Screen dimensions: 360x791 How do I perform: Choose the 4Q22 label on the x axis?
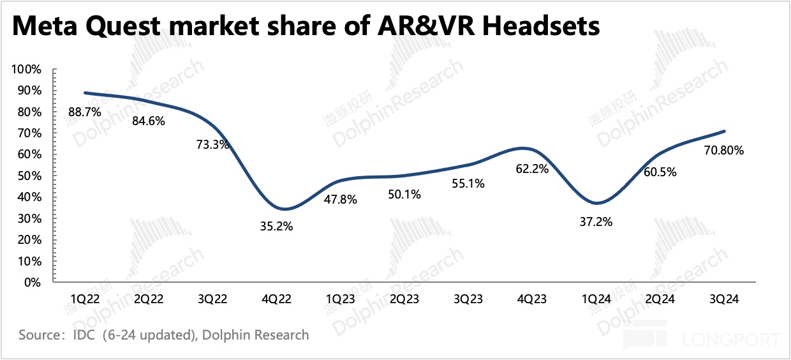click(277, 299)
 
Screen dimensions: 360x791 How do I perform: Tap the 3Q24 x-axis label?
click(724, 299)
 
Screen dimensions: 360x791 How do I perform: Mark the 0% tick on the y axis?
click(33, 282)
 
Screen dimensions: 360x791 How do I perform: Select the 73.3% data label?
click(212, 144)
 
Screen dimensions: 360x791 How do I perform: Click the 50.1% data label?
click(404, 195)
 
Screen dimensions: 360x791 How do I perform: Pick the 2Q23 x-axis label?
click(405, 299)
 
